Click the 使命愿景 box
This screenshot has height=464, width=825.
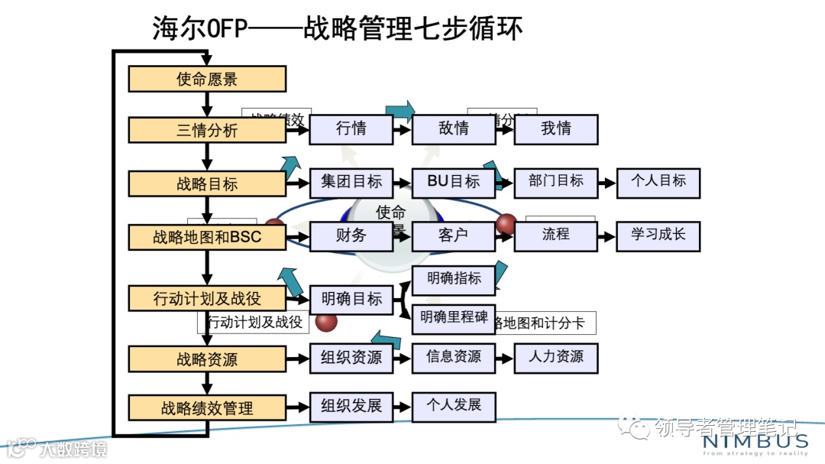(207, 79)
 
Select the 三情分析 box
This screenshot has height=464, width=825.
(207, 130)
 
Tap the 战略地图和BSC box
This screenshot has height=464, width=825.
(207, 237)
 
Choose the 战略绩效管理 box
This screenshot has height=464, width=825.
(207, 407)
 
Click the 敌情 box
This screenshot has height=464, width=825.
(454, 129)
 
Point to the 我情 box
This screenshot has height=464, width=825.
(556, 129)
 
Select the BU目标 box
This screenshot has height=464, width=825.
(454, 182)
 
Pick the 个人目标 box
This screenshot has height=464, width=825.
(658, 182)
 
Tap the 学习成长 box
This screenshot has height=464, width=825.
(658, 235)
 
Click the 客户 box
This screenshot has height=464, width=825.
(454, 235)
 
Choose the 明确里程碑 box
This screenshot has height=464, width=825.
(454, 318)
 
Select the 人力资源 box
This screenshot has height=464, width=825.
(556, 357)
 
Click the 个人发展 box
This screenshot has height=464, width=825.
(454, 406)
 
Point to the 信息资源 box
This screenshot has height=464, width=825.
(454, 357)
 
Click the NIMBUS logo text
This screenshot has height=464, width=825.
(755, 442)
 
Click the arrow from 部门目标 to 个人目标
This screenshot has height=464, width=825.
(607, 183)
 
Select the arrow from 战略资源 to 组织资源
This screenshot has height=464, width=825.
(298, 358)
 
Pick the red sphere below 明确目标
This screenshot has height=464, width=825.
(327, 322)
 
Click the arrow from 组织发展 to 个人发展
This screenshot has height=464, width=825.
(403, 406)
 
